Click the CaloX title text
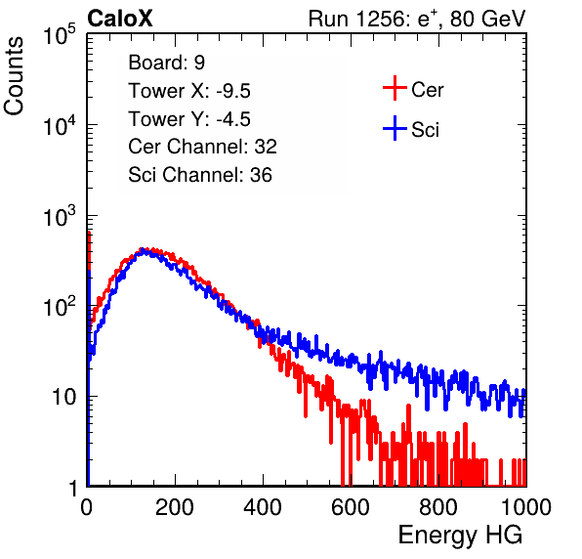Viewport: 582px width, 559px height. pos(120,19)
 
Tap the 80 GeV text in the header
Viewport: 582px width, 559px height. pos(487,19)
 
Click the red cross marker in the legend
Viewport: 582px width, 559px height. pos(395,88)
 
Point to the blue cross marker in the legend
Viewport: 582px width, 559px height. pos(395,128)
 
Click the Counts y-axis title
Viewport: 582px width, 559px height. pos(14,76)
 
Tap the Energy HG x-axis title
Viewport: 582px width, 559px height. pos(460,536)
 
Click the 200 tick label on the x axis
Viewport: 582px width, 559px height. pos(175,507)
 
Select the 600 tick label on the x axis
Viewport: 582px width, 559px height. pos(351,507)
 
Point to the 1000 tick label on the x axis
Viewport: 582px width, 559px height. pos(526,507)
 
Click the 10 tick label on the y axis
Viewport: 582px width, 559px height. pos(63,397)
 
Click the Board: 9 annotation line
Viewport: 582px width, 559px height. pos(166,63)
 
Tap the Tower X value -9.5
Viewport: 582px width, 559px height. pos(233,91)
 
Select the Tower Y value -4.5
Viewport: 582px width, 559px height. pos(233,119)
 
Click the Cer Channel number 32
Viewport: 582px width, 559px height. pos(266,147)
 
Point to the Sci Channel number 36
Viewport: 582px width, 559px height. pos(261,175)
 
